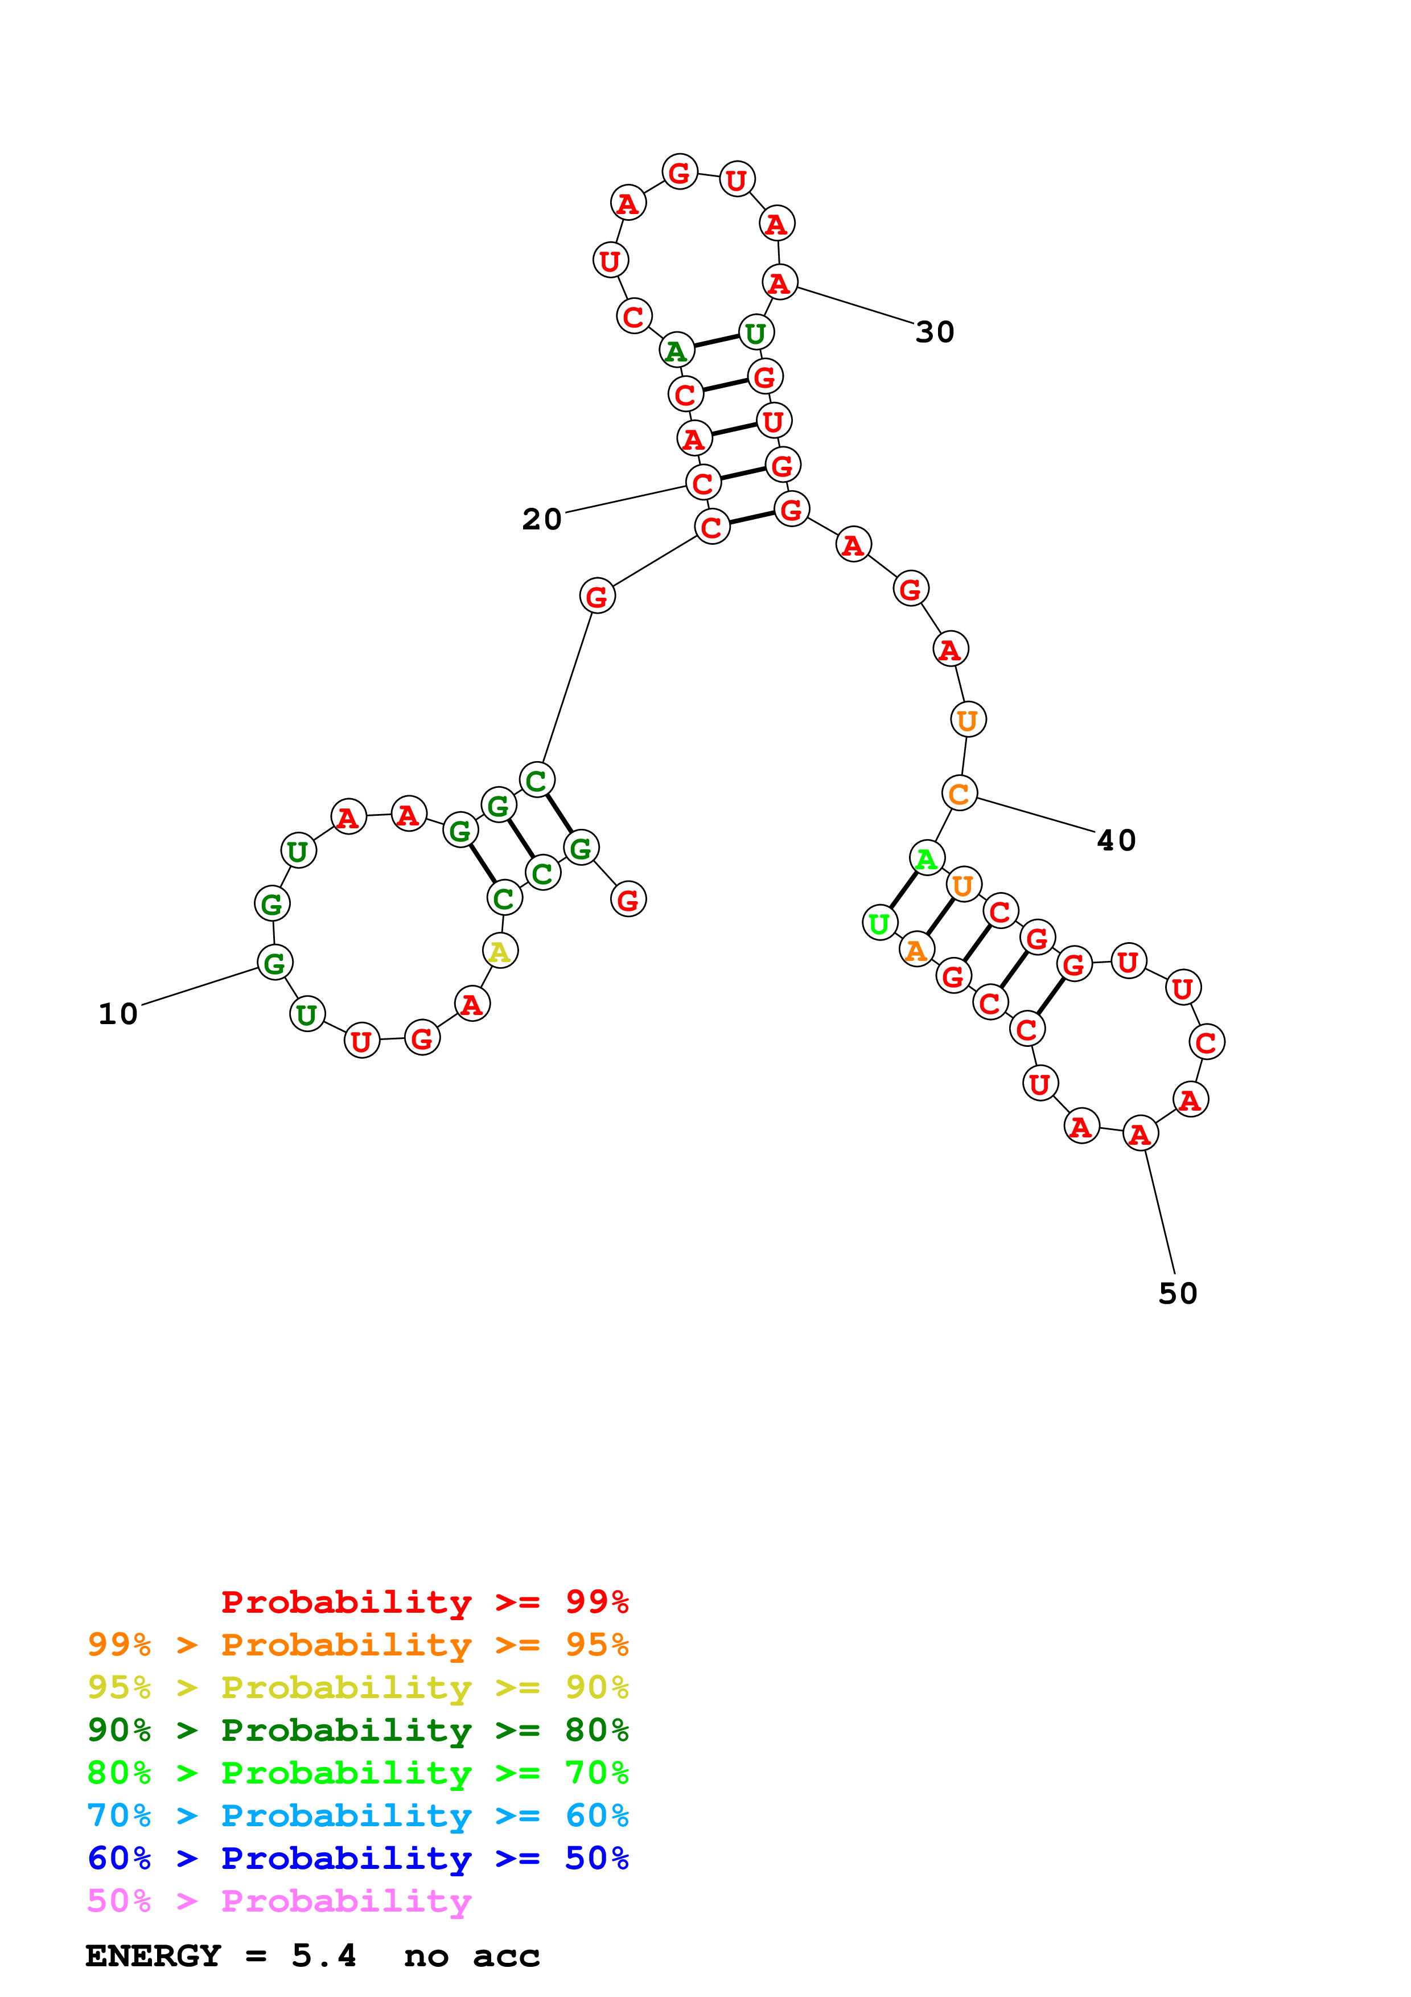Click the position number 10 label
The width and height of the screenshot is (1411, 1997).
[x=118, y=1014]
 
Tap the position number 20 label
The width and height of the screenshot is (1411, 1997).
[x=542, y=519]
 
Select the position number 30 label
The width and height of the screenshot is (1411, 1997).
[x=935, y=332]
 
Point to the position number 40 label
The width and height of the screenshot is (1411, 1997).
[x=1116, y=840]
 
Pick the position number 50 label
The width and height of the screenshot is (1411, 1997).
[x=1178, y=1293]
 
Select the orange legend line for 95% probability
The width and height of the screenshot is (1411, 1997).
[x=358, y=1645]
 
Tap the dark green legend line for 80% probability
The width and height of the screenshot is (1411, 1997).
[x=358, y=1730]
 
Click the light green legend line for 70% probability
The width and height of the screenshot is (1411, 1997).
[x=358, y=1773]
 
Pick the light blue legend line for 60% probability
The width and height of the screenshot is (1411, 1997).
[x=358, y=1815]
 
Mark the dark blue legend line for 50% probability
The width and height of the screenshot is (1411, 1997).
[x=358, y=1858]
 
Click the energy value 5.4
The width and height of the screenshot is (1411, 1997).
[x=323, y=1955]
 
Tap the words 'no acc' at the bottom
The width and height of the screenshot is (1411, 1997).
[x=471, y=1955]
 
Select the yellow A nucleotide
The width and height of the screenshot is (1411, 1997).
[x=500, y=951]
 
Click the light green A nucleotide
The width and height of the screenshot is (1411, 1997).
[x=927, y=858]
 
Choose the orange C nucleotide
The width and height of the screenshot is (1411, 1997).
[x=959, y=793]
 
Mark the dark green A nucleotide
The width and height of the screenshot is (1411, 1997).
[x=676, y=351]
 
